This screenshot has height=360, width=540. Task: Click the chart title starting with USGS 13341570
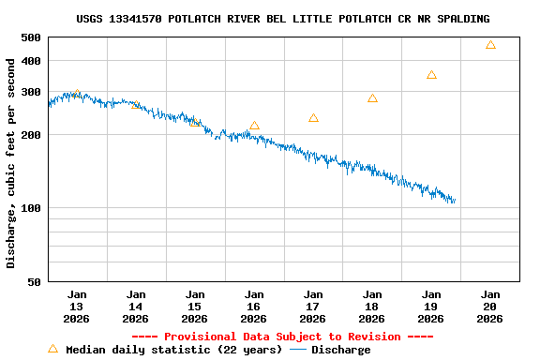[282, 19]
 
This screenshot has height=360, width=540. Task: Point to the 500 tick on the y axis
[31, 37]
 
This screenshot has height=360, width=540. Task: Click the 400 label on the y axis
[31, 61]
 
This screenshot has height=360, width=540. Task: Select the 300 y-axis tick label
[31, 92]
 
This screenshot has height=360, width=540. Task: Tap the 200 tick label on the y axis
[31, 135]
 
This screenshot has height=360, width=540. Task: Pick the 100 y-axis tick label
[31, 208]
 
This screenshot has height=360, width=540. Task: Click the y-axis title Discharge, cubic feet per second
[11, 163]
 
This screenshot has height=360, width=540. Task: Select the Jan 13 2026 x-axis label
[77, 307]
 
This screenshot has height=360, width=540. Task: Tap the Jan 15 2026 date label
[195, 307]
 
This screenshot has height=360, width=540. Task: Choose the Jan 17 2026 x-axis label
[313, 307]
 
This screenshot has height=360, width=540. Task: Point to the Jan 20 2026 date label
[489, 307]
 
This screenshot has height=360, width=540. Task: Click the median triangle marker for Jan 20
[490, 45]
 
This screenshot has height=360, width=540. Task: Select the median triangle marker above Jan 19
[431, 75]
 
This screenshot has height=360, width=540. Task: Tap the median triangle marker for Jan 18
[372, 98]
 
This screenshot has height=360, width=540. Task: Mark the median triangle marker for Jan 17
[313, 118]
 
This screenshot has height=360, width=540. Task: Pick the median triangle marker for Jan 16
[254, 126]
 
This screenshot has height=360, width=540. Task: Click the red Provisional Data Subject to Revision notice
[282, 337]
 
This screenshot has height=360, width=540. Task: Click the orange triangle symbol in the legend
[52, 349]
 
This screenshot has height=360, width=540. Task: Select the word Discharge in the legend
[340, 350]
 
